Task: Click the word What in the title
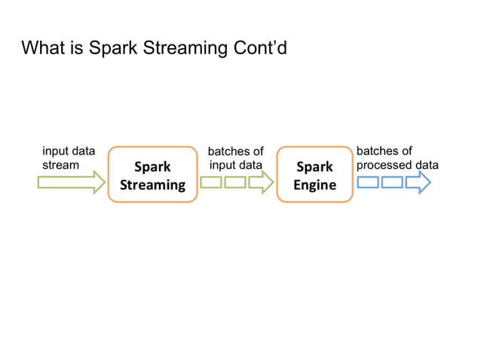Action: point(43,49)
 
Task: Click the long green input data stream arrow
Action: point(71,182)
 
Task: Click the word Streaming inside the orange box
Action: point(152,185)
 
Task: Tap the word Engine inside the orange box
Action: point(314,185)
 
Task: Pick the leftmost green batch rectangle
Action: point(211,182)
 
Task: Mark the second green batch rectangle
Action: point(235,182)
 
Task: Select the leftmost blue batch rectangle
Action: point(368,182)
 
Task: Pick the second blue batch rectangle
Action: point(392,182)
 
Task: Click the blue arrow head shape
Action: point(418,182)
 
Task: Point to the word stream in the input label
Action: point(60,164)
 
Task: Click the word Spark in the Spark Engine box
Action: point(314,166)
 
